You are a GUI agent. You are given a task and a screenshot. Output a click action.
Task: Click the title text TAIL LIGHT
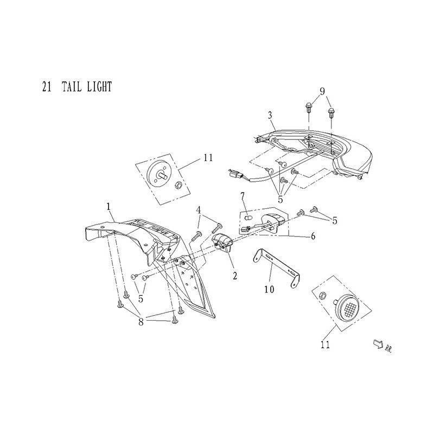tap(87, 87)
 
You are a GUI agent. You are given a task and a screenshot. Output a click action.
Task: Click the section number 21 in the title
tap(47, 87)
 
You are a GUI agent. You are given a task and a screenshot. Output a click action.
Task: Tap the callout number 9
tap(322, 92)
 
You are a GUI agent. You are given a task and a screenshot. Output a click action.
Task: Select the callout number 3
tap(270, 116)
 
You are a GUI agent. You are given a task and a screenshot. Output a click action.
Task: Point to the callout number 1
tap(108, 207)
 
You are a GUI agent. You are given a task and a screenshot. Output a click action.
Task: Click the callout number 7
tap(242, 196)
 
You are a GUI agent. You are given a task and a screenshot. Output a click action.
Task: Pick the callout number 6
tap(313, 236)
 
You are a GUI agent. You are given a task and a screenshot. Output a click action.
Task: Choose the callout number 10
tap(269, 290)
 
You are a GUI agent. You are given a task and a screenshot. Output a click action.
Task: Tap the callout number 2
tap(235, 276)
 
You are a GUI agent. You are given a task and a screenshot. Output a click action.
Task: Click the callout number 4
tap(199, 210)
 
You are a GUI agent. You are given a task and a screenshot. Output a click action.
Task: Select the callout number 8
tap(141, 322)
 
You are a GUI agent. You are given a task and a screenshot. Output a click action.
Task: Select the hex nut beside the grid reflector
tap(322, 295)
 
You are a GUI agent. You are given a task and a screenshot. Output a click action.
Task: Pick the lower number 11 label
tap(325, 344)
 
